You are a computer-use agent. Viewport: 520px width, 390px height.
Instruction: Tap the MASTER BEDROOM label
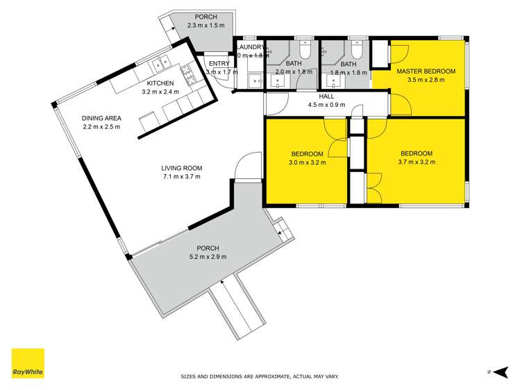coord(426,71)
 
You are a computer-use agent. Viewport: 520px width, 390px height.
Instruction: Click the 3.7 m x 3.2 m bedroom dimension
coord(416,162)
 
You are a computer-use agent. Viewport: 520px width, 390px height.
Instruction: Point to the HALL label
coord(326,97)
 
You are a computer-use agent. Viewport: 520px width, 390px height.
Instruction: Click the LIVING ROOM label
coord(181,167)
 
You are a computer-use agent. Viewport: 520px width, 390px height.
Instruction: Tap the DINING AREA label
coord(101,118)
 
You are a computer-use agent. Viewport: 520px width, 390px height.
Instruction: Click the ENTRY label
coord(219,63)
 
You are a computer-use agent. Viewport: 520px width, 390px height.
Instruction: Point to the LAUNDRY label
coord(249,46)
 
